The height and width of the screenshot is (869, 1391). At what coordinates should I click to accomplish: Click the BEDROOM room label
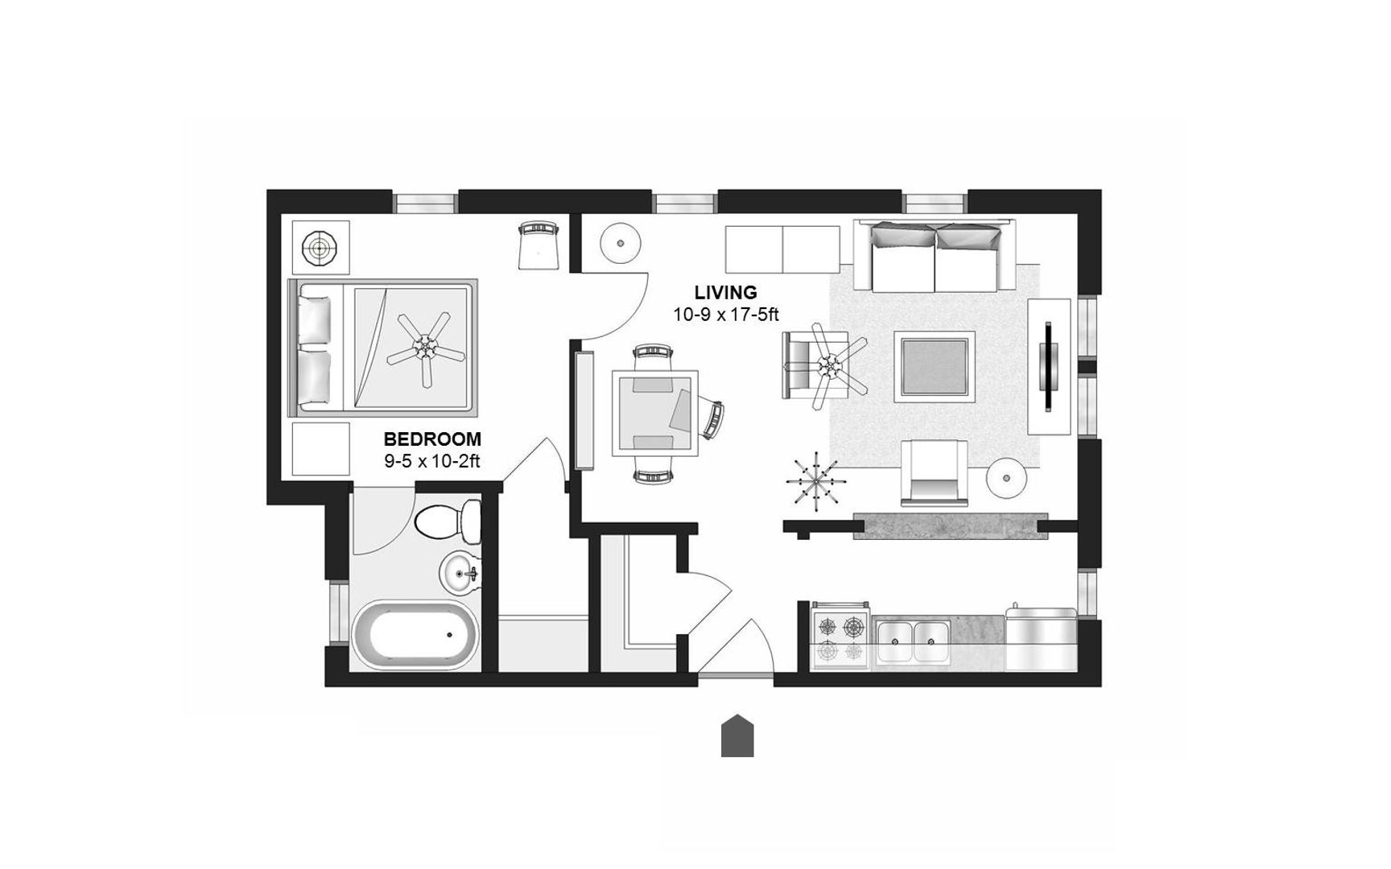coord(432,439)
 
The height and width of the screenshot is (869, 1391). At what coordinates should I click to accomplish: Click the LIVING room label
coord(726,293)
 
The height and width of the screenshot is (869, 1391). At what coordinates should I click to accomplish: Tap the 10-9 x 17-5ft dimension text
coord(726,315)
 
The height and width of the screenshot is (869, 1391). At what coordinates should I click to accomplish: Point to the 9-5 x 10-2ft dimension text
coord(432,461)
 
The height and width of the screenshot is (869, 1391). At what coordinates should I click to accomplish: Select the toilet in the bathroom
coord(448,521)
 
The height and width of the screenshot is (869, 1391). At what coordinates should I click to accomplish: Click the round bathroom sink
coord(460,574)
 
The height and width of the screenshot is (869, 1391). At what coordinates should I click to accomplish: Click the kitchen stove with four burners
coord(841,636)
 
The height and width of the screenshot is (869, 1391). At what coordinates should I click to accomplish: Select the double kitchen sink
coord(912,641)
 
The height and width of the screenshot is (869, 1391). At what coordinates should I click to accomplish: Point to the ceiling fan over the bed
coord(426,348)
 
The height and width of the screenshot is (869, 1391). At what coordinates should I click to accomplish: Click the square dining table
coord(654,413)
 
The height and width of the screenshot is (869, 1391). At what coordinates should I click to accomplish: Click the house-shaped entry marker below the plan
coord(737,735)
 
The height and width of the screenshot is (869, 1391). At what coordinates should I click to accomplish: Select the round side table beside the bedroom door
coord(620,241)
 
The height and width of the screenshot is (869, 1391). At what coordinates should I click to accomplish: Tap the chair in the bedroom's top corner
coord(539,245)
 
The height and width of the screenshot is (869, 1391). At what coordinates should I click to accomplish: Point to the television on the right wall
coord(1049,367)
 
